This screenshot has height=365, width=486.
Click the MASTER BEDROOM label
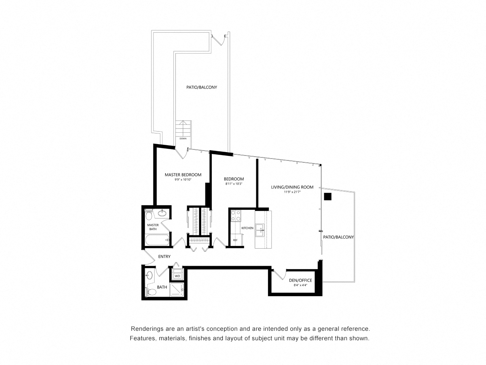click(183, 175)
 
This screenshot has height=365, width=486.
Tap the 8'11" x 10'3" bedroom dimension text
click(234, 184)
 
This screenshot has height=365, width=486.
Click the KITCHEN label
click(247, 228)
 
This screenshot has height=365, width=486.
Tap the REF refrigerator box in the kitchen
click(235, 240)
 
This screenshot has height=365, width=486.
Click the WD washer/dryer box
click(177, 276)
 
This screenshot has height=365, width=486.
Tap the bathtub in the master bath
click(157, 240)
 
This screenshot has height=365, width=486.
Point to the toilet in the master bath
click(149, 216)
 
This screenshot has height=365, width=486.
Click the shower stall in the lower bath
click(177, 290)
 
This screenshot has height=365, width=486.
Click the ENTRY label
click(164, 257)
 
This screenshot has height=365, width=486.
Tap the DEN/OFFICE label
click(300, 280)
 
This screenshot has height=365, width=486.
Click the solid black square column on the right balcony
click(328, 197)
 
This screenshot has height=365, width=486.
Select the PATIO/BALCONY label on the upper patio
click(201, 87)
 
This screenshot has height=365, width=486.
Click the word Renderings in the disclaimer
click(147, 328)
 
